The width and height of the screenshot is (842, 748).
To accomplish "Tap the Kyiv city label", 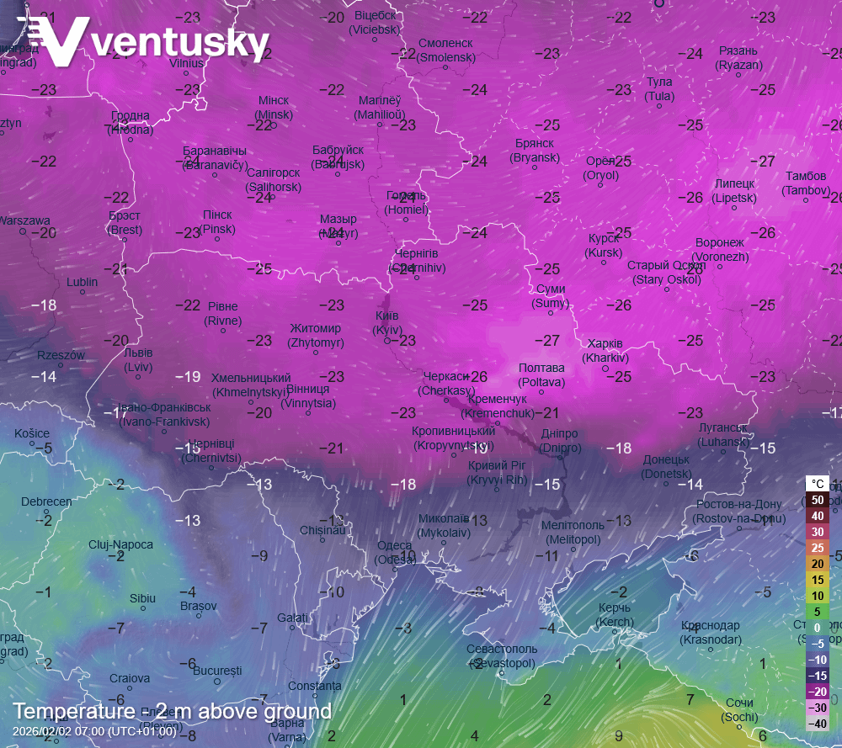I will [x=386, y=323].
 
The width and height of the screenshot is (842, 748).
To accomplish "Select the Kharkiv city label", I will [x=605, y=351].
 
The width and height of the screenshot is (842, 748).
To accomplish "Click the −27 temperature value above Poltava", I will [x=551, y=341].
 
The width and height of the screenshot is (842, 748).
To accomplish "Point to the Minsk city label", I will [x=274, y=108].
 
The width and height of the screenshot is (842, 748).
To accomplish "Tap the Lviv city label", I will [x=138, y=360].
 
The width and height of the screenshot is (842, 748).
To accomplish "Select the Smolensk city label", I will [x=446, y=50].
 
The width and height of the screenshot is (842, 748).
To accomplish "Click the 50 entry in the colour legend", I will [x=817, y=500].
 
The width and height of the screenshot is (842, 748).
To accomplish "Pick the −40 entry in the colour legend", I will [x=817, y=724].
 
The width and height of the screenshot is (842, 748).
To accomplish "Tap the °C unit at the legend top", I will [x=817, y=484].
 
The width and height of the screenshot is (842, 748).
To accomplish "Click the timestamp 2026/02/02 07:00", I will [x=94, y=730].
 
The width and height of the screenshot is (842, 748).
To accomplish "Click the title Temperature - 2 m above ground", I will [x=172, y=712].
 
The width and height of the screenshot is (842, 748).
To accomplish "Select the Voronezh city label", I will [x=720, y=250].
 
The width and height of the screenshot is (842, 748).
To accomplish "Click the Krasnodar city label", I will [x=711, y=633].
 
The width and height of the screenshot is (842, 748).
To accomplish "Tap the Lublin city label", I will [x=83, y=282].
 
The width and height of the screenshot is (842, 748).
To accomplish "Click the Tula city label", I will [x=659, y=89].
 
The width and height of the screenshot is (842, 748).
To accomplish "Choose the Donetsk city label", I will [x=666, y=467].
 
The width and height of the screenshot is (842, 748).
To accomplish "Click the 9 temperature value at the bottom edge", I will [x=618, y=735].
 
